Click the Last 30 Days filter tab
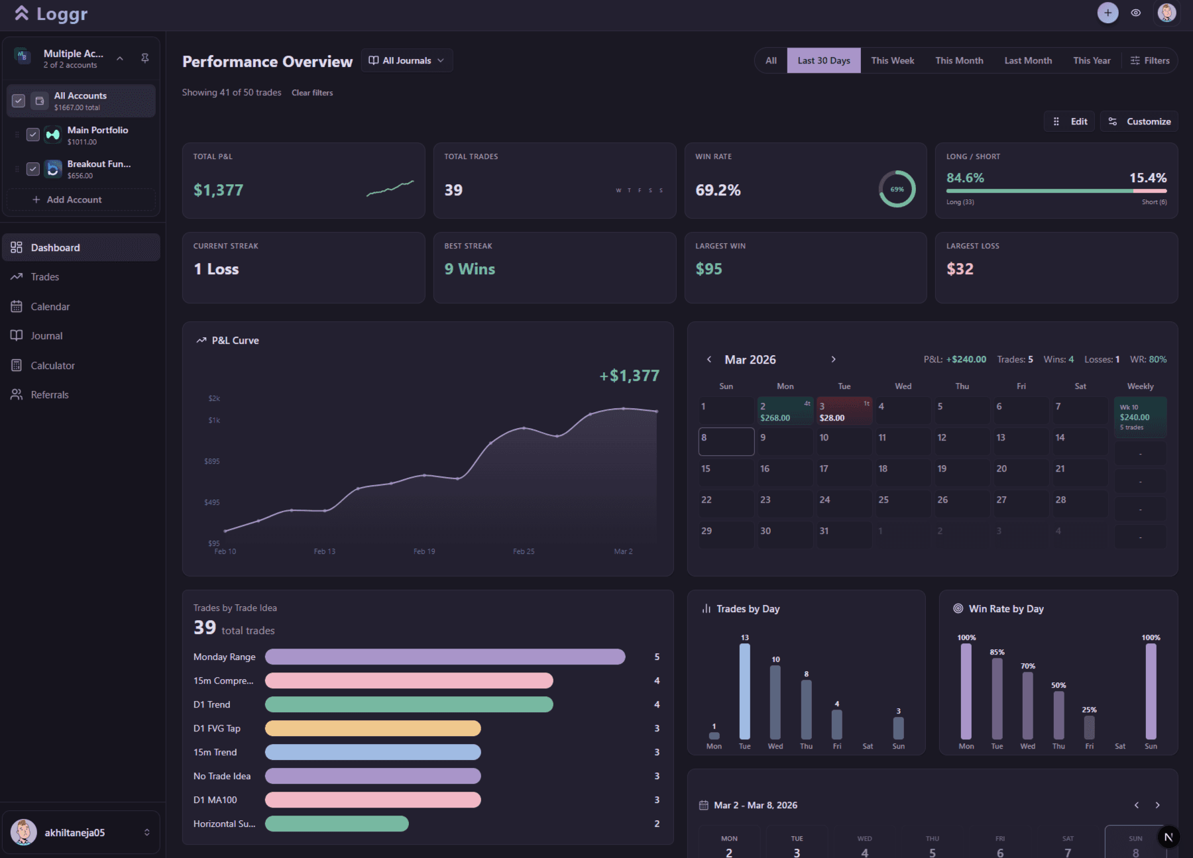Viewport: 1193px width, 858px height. pos(823,60)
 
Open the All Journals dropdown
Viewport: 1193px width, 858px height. pos(406,60)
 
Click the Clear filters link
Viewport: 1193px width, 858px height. pos(312,93)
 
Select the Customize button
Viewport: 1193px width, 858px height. pos(1139,121)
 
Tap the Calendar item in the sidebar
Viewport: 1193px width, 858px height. pos(50,307)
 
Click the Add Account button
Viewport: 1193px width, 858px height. pos(67,199)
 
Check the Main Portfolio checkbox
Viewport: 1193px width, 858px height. pos(32,134)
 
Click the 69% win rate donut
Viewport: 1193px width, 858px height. pos(897,189)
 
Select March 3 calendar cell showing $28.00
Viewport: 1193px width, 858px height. pos(844,411)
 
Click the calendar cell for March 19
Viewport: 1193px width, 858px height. pos(962,473)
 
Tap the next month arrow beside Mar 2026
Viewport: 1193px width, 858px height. pos(833,359)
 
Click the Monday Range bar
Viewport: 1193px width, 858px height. pos(445,657)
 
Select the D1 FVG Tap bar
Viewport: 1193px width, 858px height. pos(372,728)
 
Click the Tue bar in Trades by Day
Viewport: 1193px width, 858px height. pos(744,691)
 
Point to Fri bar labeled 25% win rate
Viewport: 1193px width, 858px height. pos(1089,727)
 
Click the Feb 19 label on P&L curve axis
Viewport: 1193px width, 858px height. pos(424,551)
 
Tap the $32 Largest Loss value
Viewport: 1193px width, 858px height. pos(960,269)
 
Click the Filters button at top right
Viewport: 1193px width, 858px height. pos(1150,60)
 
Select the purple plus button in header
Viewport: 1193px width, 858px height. pos(1108,13)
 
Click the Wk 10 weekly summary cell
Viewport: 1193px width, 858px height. pos(1140,417)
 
